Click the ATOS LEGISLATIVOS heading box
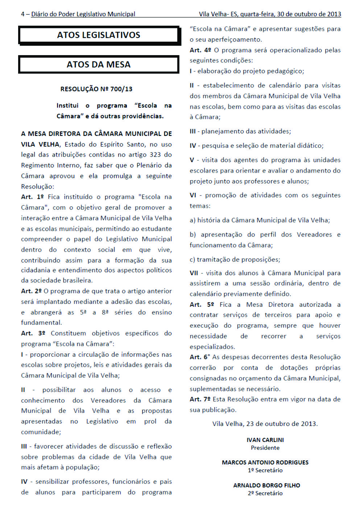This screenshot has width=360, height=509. click(99, 35)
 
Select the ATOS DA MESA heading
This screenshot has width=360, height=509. click(99, 65)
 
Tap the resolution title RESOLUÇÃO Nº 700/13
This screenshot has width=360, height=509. click(96, 89)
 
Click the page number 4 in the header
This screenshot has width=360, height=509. click(23, 14)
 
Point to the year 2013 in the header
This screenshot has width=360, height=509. click(334, 14)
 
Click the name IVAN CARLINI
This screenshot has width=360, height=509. click(265, 440)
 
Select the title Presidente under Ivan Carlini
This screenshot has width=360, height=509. click(265, 448)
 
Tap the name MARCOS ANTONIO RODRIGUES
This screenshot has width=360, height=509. click(265, 462)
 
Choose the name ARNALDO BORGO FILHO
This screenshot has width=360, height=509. click(266, 485)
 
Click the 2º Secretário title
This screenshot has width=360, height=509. click(265, 493)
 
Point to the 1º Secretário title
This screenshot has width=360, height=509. click(265, 470)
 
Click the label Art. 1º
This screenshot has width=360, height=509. click(32, 197)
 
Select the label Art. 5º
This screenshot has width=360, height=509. click(202, 305)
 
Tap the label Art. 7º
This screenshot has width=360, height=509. click(200, 399)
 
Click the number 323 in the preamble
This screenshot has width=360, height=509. click(155, 154)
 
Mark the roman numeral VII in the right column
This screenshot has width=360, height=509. click(194, 273)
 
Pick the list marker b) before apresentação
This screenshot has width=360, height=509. click(193, 235)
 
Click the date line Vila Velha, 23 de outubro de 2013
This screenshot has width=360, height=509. click(265, 424)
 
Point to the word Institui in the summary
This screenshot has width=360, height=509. click(67, 105)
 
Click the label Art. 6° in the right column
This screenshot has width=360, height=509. click(200, 357)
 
